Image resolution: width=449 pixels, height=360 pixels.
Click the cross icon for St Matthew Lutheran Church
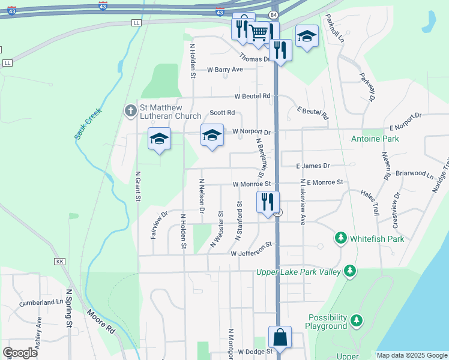click(x=130, y=110)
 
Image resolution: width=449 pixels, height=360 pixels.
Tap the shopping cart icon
click(x=259, y=32)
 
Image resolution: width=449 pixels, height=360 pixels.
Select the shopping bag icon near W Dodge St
click(x=280, y=337)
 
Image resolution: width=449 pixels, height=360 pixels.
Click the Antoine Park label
click(x=375, y=139)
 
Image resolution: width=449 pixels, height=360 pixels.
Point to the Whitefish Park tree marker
click(x=341, y=239)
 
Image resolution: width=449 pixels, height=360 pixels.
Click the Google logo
click(x=20, y=353)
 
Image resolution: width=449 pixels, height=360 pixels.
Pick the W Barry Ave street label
click(x=224, y=70)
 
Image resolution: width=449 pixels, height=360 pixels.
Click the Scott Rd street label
click(x=222, y=113)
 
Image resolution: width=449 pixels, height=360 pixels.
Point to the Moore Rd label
click(x=100, y=321)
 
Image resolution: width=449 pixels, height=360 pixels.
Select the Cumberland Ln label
click(x=40, y=303)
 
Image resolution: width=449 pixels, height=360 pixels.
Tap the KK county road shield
click(x=59, y=262)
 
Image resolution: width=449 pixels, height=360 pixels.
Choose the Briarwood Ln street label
click(x=414, y=174)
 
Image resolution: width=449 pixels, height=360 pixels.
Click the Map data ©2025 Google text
click(x=412, y=355)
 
